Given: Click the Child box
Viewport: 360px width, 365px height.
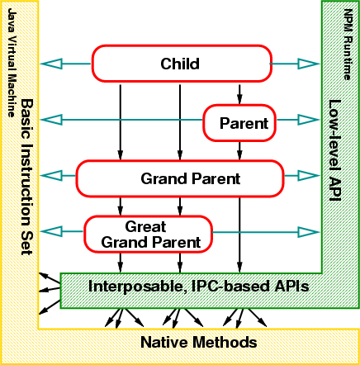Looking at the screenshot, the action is [182, 64].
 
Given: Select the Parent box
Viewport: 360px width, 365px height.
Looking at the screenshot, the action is [239, 123].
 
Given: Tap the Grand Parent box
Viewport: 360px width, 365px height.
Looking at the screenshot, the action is [180, 178].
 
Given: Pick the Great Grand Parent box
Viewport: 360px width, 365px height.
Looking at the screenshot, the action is [148, 235].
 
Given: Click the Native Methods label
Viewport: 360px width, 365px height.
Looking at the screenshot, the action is [199, 343].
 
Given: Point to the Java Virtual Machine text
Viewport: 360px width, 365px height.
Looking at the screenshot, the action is [11, 63].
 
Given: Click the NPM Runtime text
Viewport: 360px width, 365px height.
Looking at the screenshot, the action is [348, 45].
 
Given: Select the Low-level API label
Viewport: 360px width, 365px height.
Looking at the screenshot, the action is [335, 150].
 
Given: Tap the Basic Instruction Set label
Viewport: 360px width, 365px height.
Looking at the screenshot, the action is [27, 177].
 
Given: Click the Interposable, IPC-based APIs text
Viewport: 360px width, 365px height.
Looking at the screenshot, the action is [198, 287].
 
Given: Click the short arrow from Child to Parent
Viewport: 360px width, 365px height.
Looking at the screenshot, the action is [239, 94].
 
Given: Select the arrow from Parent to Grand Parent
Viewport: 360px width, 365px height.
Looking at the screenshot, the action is [239, 151].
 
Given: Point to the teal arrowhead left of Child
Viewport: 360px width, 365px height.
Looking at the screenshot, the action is [51, 64].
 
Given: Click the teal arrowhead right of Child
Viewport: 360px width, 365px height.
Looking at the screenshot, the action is [309, 64].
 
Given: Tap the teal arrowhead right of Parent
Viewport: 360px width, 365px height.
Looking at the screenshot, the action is [309, 120].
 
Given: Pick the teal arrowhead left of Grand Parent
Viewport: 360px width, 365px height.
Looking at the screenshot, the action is [51, 176].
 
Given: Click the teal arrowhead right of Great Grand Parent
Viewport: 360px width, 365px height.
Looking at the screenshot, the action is [309, 232].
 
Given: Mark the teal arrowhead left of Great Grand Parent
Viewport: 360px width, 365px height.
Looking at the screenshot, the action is [51, 232].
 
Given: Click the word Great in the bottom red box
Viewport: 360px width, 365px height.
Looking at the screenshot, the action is [145, 227].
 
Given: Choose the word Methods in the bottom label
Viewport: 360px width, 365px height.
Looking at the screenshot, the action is [225, 343].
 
